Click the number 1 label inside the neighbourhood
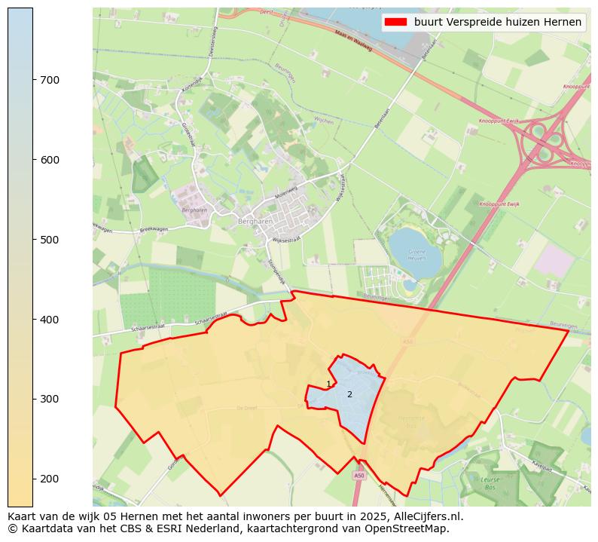[x=328, y=385]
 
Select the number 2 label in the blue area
[x=349, y=394]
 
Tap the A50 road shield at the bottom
[x=359, y=476]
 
